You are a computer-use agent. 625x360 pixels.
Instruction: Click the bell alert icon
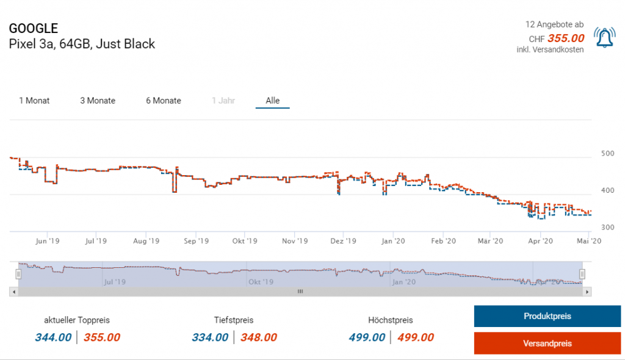pos(605,38)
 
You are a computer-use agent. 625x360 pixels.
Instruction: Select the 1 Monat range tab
pos(34,101)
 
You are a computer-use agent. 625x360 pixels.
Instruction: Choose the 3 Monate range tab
pos(98,101)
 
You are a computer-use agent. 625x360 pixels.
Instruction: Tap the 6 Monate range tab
pos(164,101)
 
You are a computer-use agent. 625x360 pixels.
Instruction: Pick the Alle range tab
pos(272,101)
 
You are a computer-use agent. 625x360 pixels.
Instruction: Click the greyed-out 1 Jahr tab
pos(223,101)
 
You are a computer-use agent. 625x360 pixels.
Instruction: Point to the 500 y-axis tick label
pos(607,153)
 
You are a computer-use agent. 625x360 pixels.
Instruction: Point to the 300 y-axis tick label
pos(607,228)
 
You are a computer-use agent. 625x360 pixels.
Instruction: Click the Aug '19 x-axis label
pos(146,241)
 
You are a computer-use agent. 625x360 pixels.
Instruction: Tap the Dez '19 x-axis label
pos(343,241)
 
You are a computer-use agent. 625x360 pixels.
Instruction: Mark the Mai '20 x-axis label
pos(589,241)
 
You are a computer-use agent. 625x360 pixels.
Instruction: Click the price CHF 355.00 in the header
pos(566,38)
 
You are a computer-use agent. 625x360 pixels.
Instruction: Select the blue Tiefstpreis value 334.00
pos(210,337)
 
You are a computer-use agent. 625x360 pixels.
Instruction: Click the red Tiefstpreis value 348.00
pos(258,337)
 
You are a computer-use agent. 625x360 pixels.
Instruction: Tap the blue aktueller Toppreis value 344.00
pos(53,337)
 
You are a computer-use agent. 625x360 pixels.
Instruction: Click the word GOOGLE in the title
pos(34,29)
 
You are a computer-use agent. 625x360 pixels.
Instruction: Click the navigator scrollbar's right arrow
pos(587,292)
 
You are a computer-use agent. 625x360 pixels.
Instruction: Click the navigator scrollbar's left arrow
pos(13,292)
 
